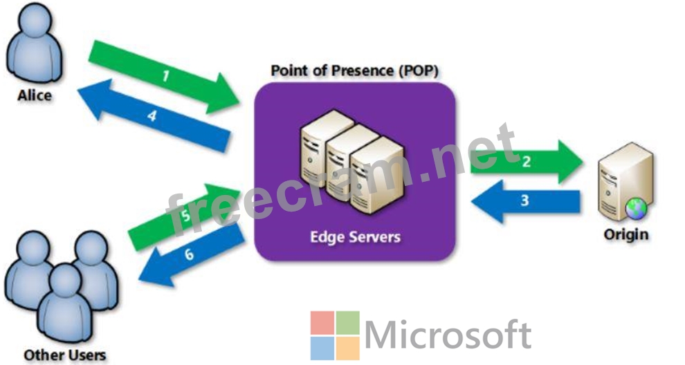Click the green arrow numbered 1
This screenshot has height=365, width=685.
(165, 77)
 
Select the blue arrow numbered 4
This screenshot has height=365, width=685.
(153, 115)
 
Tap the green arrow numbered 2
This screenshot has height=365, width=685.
(527, 162)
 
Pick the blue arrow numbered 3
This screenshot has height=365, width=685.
(526, 201)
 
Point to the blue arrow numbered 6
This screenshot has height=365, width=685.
(191, 255)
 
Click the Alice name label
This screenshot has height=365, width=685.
(35, 95)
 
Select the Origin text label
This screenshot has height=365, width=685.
(625, 234)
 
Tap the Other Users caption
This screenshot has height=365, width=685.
(64, 355)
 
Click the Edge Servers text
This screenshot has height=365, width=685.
(355, 237)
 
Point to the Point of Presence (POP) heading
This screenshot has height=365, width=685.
(354, 71)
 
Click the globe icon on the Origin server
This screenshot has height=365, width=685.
(636, 208)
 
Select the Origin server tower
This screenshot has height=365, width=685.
(625, 181)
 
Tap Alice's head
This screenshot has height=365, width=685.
(35, 21)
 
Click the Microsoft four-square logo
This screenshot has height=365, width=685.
(335, 335)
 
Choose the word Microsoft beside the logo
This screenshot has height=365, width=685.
(448, 335)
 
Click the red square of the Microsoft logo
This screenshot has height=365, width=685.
(322, 323)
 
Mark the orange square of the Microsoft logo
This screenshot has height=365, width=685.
(348, 348)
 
